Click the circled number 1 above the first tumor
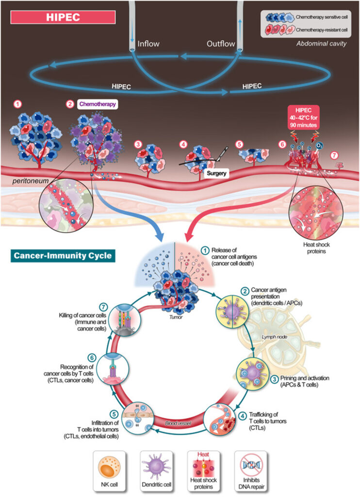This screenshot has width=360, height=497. point(18,104)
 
